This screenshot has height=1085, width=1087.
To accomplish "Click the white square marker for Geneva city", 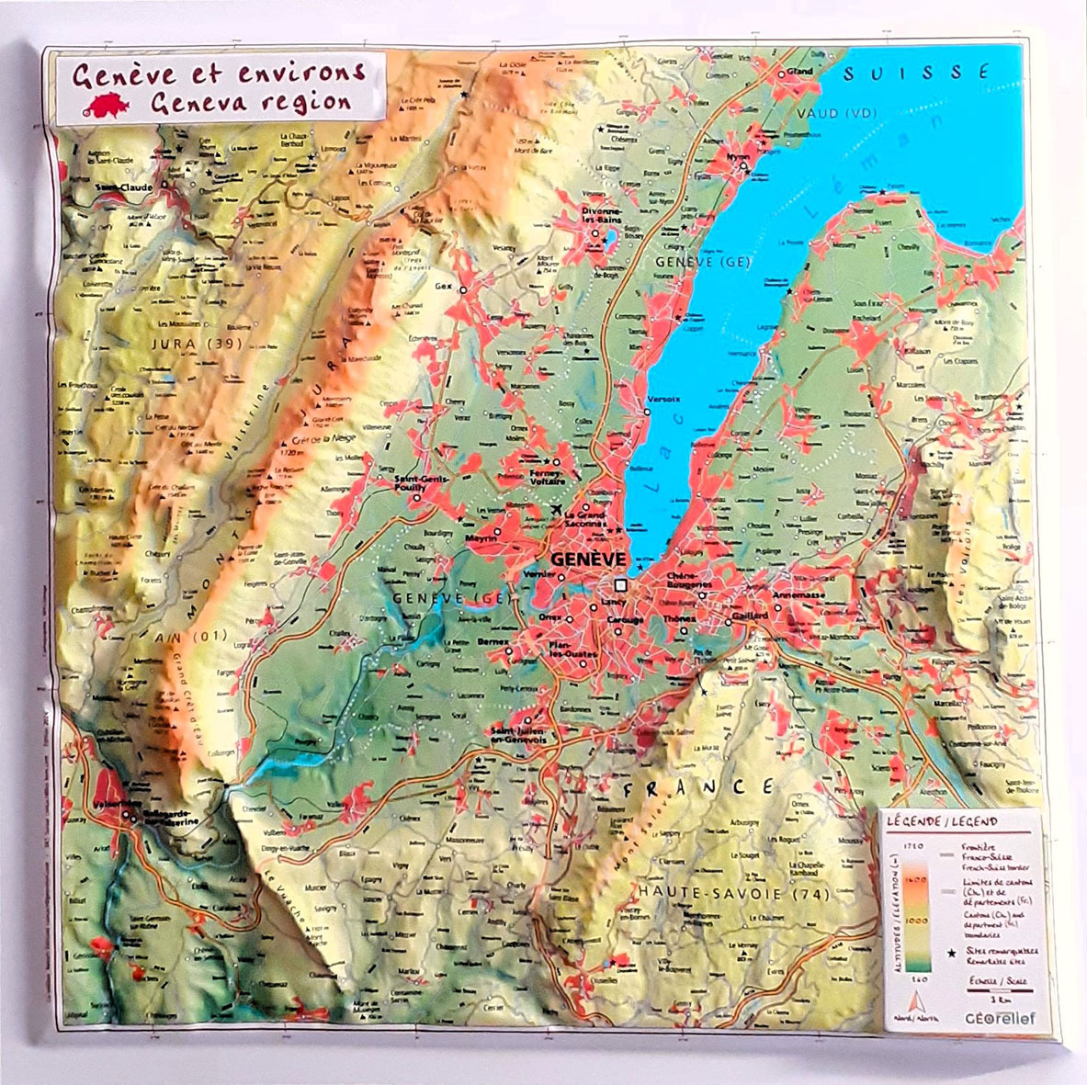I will (620, 584).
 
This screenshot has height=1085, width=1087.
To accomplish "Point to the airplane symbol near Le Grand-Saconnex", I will (558, 510).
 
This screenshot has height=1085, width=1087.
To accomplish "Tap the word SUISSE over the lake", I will (915, 73).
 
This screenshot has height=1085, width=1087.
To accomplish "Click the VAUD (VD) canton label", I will (832, 113).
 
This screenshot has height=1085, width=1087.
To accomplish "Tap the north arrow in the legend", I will (912, 1000).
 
